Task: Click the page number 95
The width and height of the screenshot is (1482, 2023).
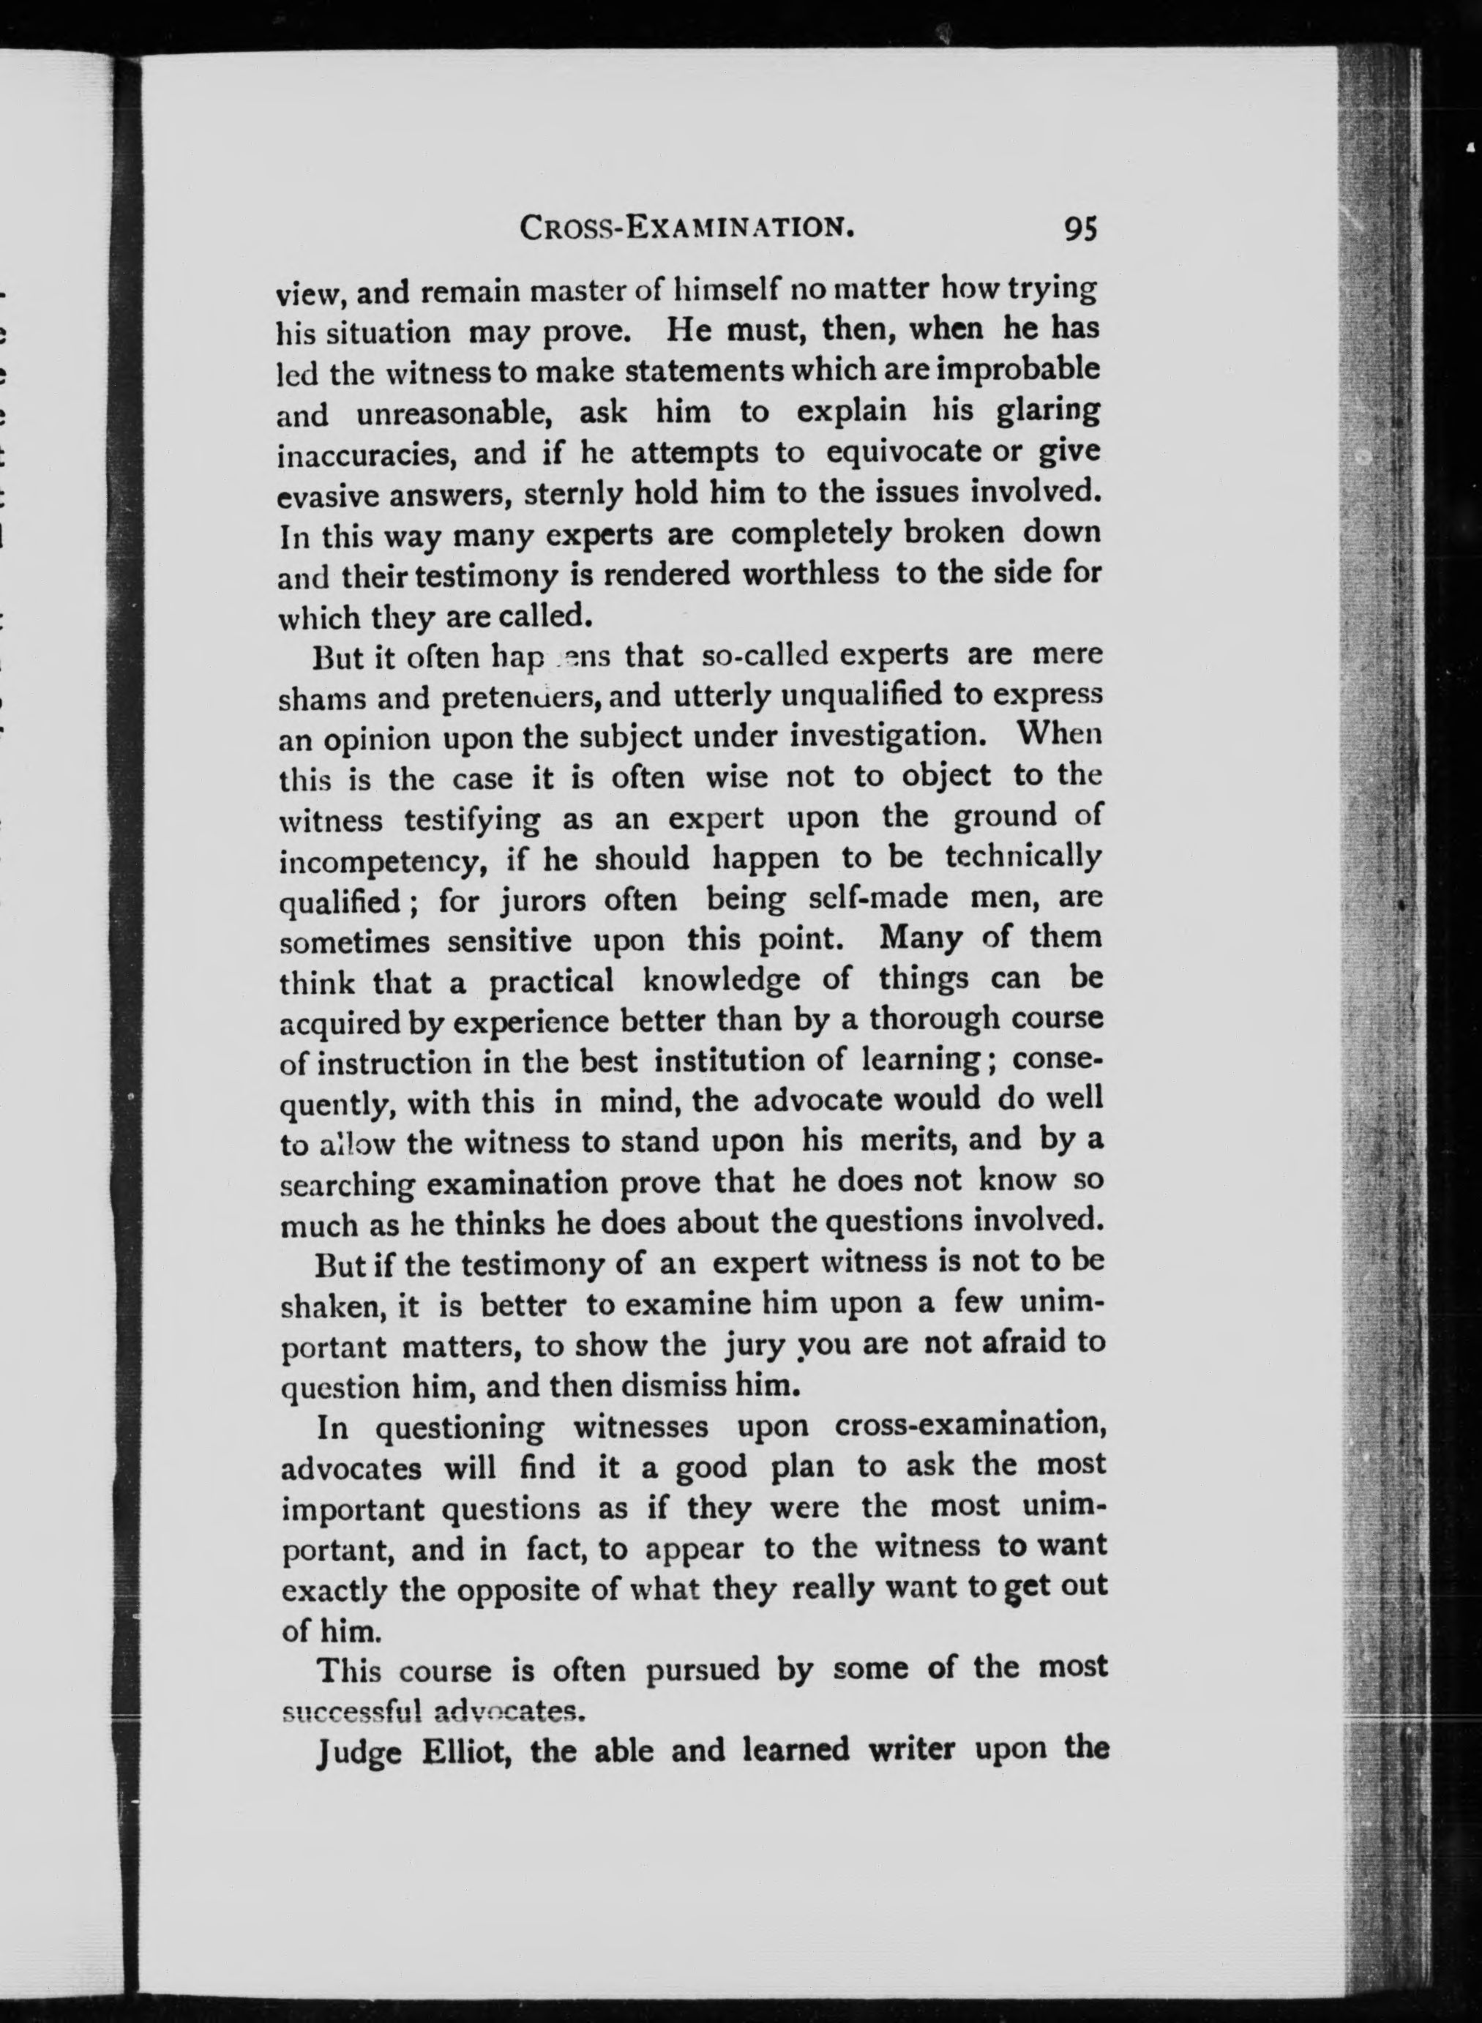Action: [x=1080, y=230]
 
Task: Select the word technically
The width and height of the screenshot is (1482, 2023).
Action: [x=1022, y=858]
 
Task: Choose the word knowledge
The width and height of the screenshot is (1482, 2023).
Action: [x=722, y=979]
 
